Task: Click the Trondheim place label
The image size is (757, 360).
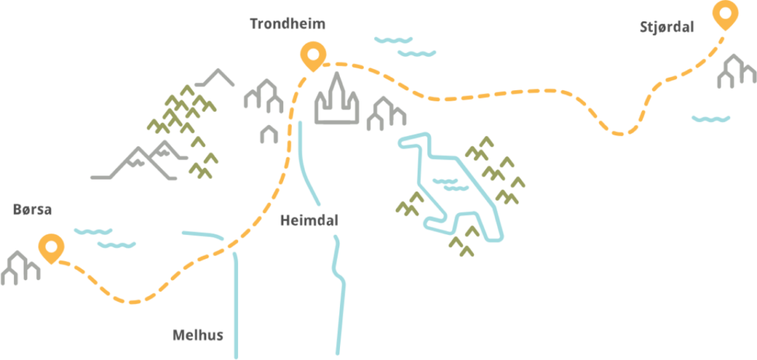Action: point(288,24)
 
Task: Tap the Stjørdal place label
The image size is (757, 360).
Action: point(666,27)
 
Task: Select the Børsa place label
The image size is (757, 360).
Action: point(33,209)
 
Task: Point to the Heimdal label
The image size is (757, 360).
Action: point(309,220)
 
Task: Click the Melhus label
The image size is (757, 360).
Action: point(198,335)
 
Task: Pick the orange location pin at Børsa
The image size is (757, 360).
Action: point(52,248)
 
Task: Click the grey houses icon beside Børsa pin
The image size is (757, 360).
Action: point(20,268)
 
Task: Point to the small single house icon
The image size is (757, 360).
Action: point(269,134)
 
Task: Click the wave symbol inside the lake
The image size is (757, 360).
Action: point(450,184)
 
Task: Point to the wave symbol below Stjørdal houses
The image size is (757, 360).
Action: point(710,118)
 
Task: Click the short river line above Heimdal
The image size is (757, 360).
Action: point(308,163)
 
